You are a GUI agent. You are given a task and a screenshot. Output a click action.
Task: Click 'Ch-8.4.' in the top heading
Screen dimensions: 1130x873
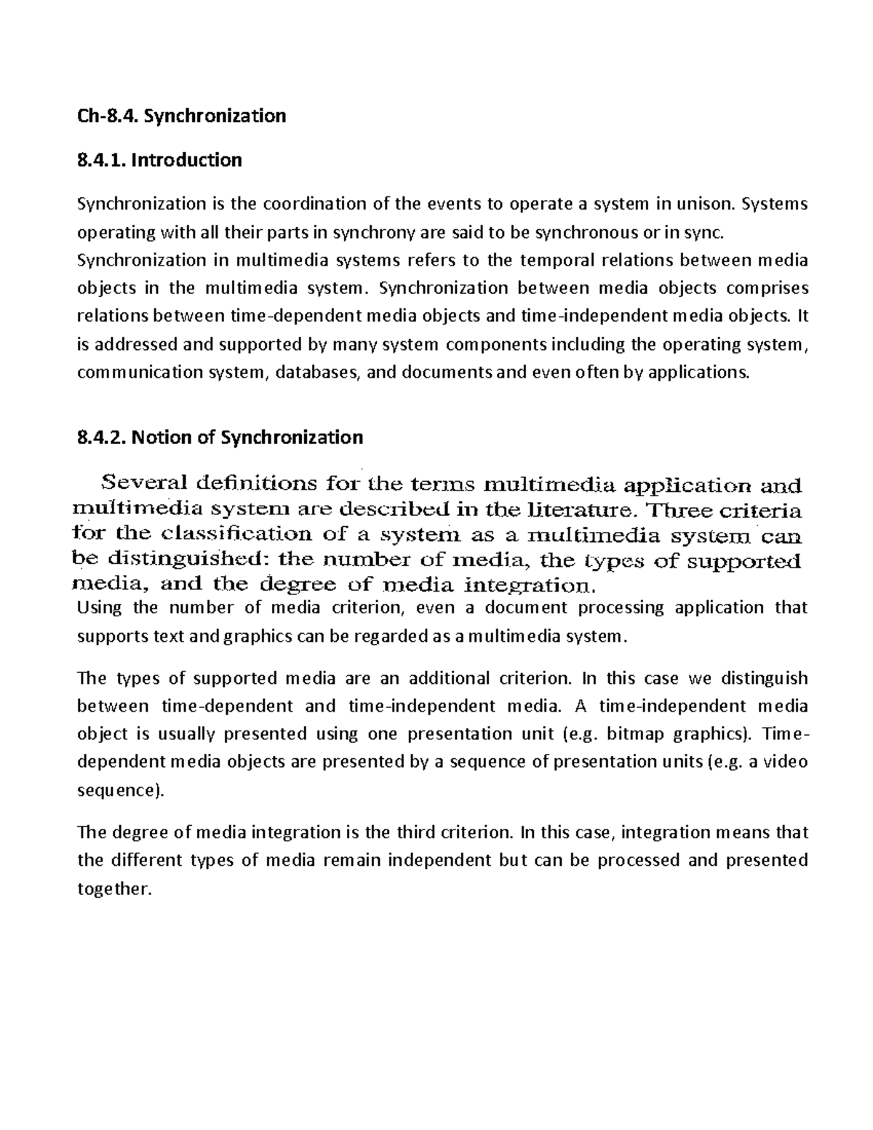click(99, 115)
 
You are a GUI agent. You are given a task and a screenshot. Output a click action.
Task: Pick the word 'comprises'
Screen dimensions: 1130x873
click(768, 287)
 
